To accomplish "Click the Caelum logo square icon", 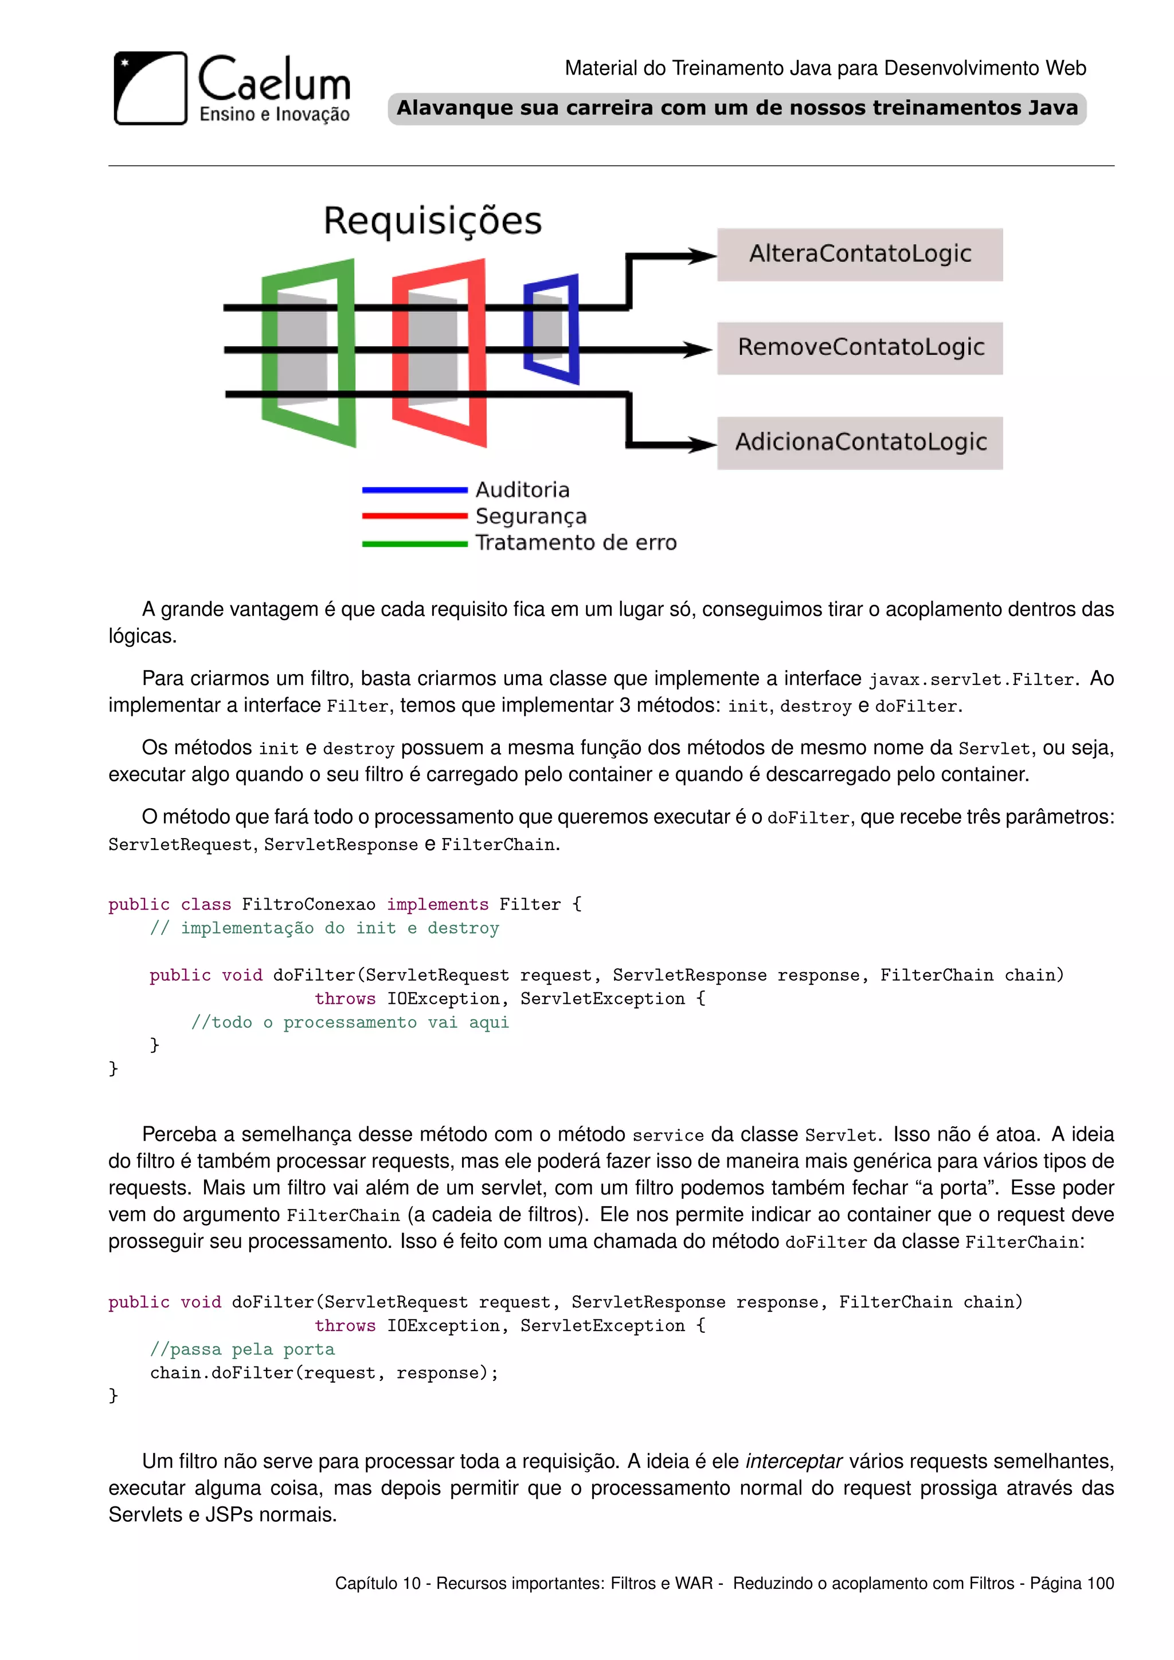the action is [150, 88].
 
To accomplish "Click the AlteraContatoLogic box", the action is [859, 255].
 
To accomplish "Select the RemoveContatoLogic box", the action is [859, 348].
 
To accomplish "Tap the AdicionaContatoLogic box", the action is [859, 443].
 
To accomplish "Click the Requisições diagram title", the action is [432, 221].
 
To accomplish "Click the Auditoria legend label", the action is [522, 490].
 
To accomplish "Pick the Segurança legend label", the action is [531, 516].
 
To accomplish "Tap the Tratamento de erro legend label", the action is [576, 542].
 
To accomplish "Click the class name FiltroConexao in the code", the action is [308, 905].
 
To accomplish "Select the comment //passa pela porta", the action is [242, 1349].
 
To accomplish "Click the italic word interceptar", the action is [794, 1461].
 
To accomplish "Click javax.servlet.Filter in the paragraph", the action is [971, 680].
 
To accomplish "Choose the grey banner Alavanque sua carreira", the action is [737, 108].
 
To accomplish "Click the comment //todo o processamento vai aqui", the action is [350, 1023].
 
